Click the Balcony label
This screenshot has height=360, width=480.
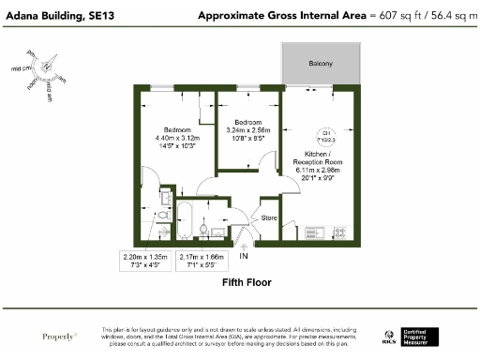(x=321, y=63)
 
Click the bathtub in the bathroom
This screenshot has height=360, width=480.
(x=186, y=221)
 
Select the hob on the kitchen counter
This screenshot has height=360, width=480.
(x=340, y=232)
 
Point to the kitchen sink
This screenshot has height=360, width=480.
(x=314, y=232)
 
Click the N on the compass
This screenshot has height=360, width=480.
(x=46, y=67)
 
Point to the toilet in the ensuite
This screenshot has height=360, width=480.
(x=161, y=215)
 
